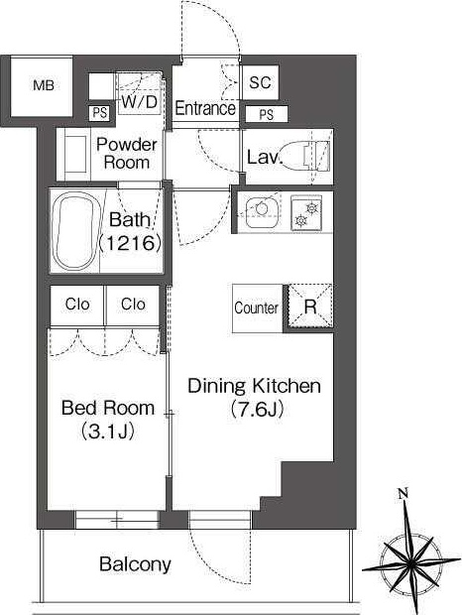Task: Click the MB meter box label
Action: pyautogui.click(x=44, y=85)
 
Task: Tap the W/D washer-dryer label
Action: pyautogui.click(x=139, y=102)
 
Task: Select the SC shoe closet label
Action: pyautogui.click(x=260, y=82)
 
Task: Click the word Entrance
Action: pyautogui.click(x=205, y=108)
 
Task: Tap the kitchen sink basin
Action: pyautogui.click(x=262, y=213)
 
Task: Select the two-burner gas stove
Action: pyautogui.click(x=305, y=213)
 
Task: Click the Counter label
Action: pyautogui.click(x=256, y=307)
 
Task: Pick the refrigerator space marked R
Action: pyautogui.click(x=310, y=307)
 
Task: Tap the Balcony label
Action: pyautogui.click(x=135, y=564)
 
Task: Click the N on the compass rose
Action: pyautogui.click(x=403, y=493)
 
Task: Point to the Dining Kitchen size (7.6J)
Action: pyautogui.click(x=255, y=410)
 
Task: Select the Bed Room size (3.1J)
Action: pyautogui.click(x=108, y=431)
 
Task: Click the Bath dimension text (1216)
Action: pyautogui.click(x=131, y=243)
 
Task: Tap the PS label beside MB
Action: pyautogui.click(x=99, y=113)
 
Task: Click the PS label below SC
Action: pyautogui.click(x=266, y=114)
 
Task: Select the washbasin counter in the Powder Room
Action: pyautogui.click(x=73, y=155)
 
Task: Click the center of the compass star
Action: pyautogui.click(x=410, y=564)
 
